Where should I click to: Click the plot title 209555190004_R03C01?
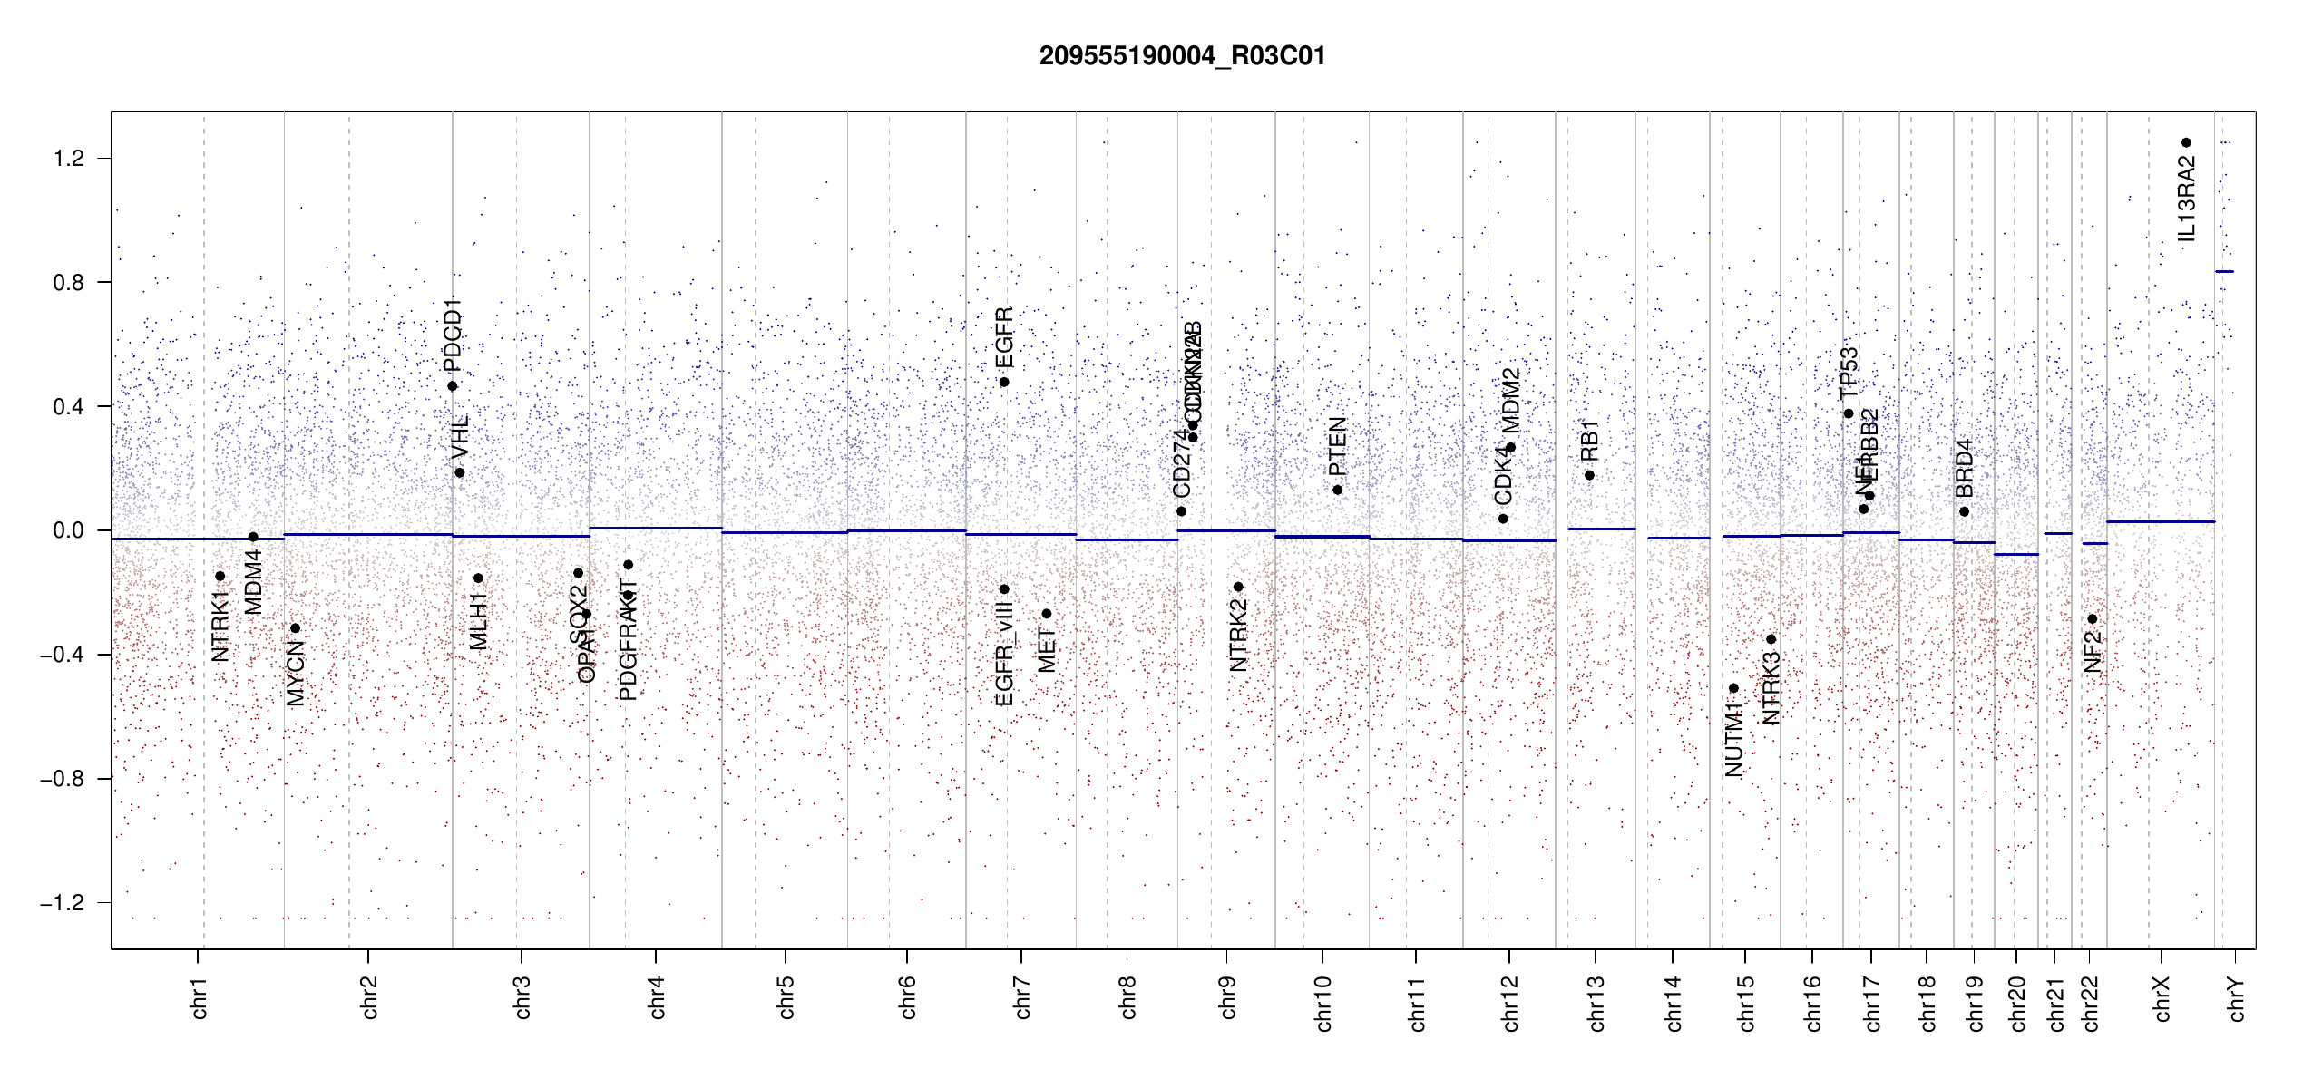click(x=1182, y=56)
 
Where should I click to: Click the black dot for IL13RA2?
click(x=2186, y=142)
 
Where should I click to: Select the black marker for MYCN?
click(x=295, y=628)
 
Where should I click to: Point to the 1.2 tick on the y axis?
click(x=68, y=159)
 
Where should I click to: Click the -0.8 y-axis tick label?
click(x=62, y=779)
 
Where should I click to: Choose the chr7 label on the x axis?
click(x=1022, y=997)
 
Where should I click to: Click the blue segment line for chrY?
click(x=2224, y=271)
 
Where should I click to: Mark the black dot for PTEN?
click(x=1337, y=490)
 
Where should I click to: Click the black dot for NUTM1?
click(x=1733, y=688)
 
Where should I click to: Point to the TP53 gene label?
click(x=1849, y=373)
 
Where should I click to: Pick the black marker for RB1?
click(x=1589, y=475)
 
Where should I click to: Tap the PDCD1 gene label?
click(x=453, y=335)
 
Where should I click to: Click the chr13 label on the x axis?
click(x=1596, y=1003)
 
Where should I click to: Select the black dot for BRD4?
click(x=1964, y=511)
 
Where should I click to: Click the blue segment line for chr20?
click(x=2016, y=554)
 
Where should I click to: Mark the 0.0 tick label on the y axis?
click(x=68, y=530)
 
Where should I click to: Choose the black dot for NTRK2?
click(x=1238, y=587)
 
